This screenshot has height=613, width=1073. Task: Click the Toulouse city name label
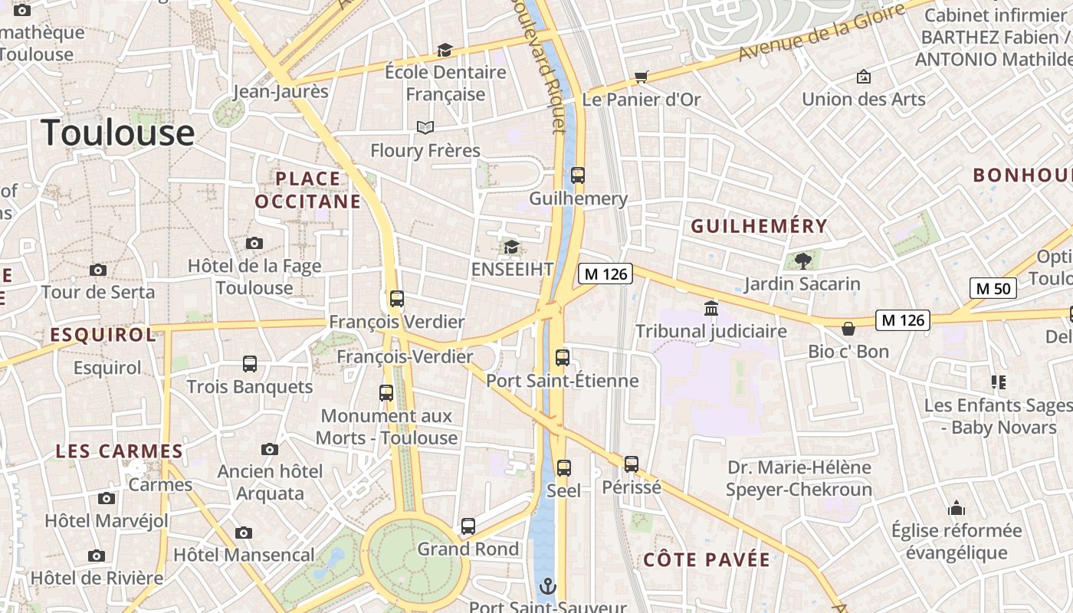click(x=118, y=133)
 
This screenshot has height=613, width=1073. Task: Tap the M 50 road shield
click(x=993, y=288)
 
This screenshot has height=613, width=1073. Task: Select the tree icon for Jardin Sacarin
click(x=802, y=261)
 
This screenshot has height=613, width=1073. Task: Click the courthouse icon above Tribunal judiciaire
click(x=711, y=308)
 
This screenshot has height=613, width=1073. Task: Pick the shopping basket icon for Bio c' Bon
click(x=848, y=329)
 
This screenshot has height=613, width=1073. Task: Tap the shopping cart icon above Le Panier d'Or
click(x=641, y=77)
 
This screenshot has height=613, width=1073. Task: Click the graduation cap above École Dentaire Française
click(x=445, y=50)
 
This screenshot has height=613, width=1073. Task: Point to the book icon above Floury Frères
click(x=425, y=127)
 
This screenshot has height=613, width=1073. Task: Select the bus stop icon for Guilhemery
click(x=578, y=175)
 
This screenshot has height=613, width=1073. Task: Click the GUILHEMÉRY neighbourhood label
click(x=759, y=226)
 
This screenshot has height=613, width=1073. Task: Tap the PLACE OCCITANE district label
click(x=307, y=190)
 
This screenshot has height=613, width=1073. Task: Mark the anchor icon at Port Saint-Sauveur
click(x=548, y=587)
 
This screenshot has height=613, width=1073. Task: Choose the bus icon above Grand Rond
click(x=468, y=526)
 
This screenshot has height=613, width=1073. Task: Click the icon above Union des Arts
click(x=864, y=77)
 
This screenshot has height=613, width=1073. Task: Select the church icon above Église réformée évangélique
click(x=956, y=508)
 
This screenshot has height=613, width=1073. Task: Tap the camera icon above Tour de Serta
click(x=98, y=270)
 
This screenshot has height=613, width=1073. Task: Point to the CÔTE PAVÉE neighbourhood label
click(x=707, y=559)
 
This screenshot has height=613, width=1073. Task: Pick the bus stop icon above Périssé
click(x=632, y=464)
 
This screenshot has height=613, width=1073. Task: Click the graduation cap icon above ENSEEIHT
click(x=511, y=247)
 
